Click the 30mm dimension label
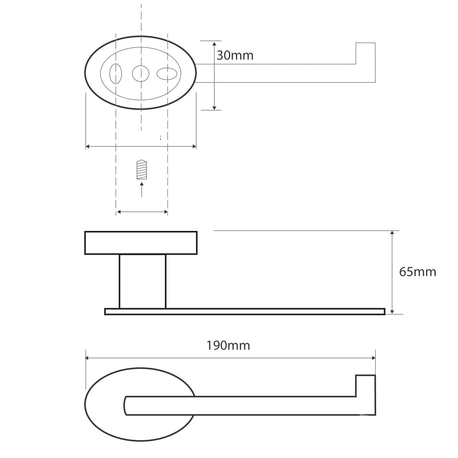click(235, 56)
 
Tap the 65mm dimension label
click(417, 272)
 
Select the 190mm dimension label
click(228, 345)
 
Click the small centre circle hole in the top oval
click(141, 74)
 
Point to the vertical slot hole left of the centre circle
click(116, 74)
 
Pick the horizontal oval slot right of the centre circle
click(167, 74)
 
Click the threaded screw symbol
click(142, 169)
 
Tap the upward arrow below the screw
click(142, 190)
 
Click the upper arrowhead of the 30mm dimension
click(214, 44)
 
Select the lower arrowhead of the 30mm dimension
click(214, 107)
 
